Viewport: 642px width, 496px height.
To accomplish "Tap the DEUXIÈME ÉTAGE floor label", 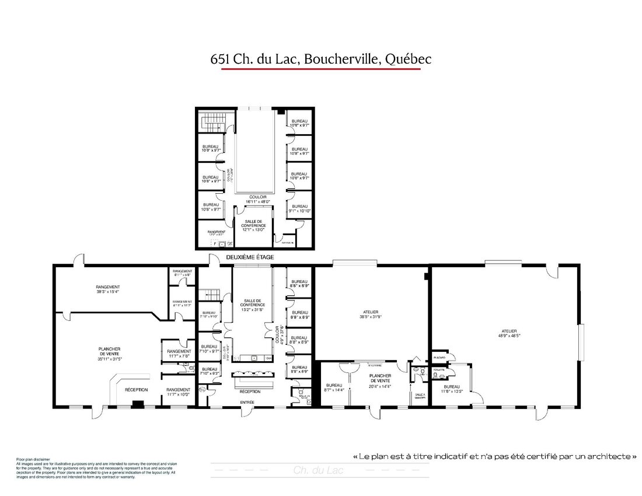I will [x=250, y=257].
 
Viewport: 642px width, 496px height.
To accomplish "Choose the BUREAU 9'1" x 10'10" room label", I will [x=299, y=209].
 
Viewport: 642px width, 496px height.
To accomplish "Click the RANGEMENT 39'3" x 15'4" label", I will [x=108, y=289].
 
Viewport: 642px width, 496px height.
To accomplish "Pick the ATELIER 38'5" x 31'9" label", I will [x=371, y=315].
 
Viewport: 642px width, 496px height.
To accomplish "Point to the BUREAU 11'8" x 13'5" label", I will [x=452, y=389].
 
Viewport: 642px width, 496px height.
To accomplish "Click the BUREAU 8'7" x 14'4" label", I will [x=334, y=387].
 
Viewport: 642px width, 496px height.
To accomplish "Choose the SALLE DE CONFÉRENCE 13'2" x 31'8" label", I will [x=253, y=305].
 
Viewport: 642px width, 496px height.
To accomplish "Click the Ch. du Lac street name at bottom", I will [x=318, y=470].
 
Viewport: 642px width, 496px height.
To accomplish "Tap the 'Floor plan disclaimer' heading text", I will [x=34, y=460].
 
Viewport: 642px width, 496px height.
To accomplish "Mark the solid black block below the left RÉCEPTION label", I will [x=138, y=403].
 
